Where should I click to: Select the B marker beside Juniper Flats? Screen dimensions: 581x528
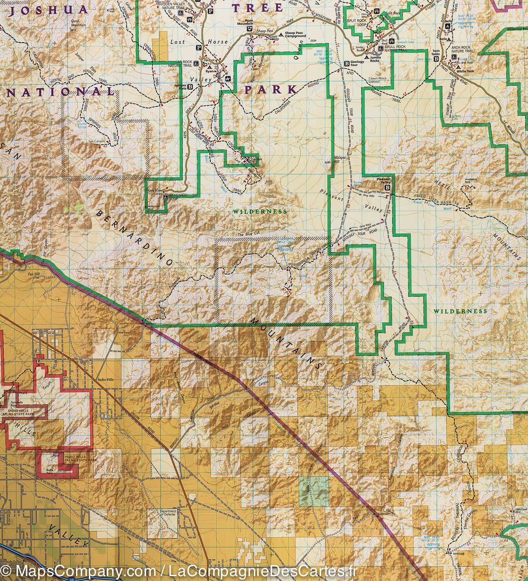tap(190, 87)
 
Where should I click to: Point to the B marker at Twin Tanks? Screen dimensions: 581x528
tap(437, 59)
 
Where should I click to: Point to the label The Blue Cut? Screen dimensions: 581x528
tap(247, 235)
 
